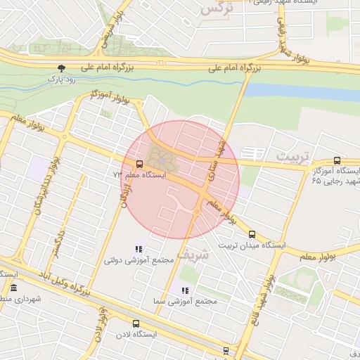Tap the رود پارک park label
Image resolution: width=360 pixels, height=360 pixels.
60,79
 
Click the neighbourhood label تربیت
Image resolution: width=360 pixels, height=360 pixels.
292,155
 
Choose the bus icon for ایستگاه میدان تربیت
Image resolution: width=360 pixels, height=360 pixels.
252,235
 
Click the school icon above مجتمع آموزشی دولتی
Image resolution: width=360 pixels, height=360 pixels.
139,249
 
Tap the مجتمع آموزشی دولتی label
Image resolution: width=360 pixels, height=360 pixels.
139,261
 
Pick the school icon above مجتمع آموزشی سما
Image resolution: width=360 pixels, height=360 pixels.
185,290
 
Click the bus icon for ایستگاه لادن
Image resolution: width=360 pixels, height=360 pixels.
136,324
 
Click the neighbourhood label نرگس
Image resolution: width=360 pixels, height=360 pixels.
215,9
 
